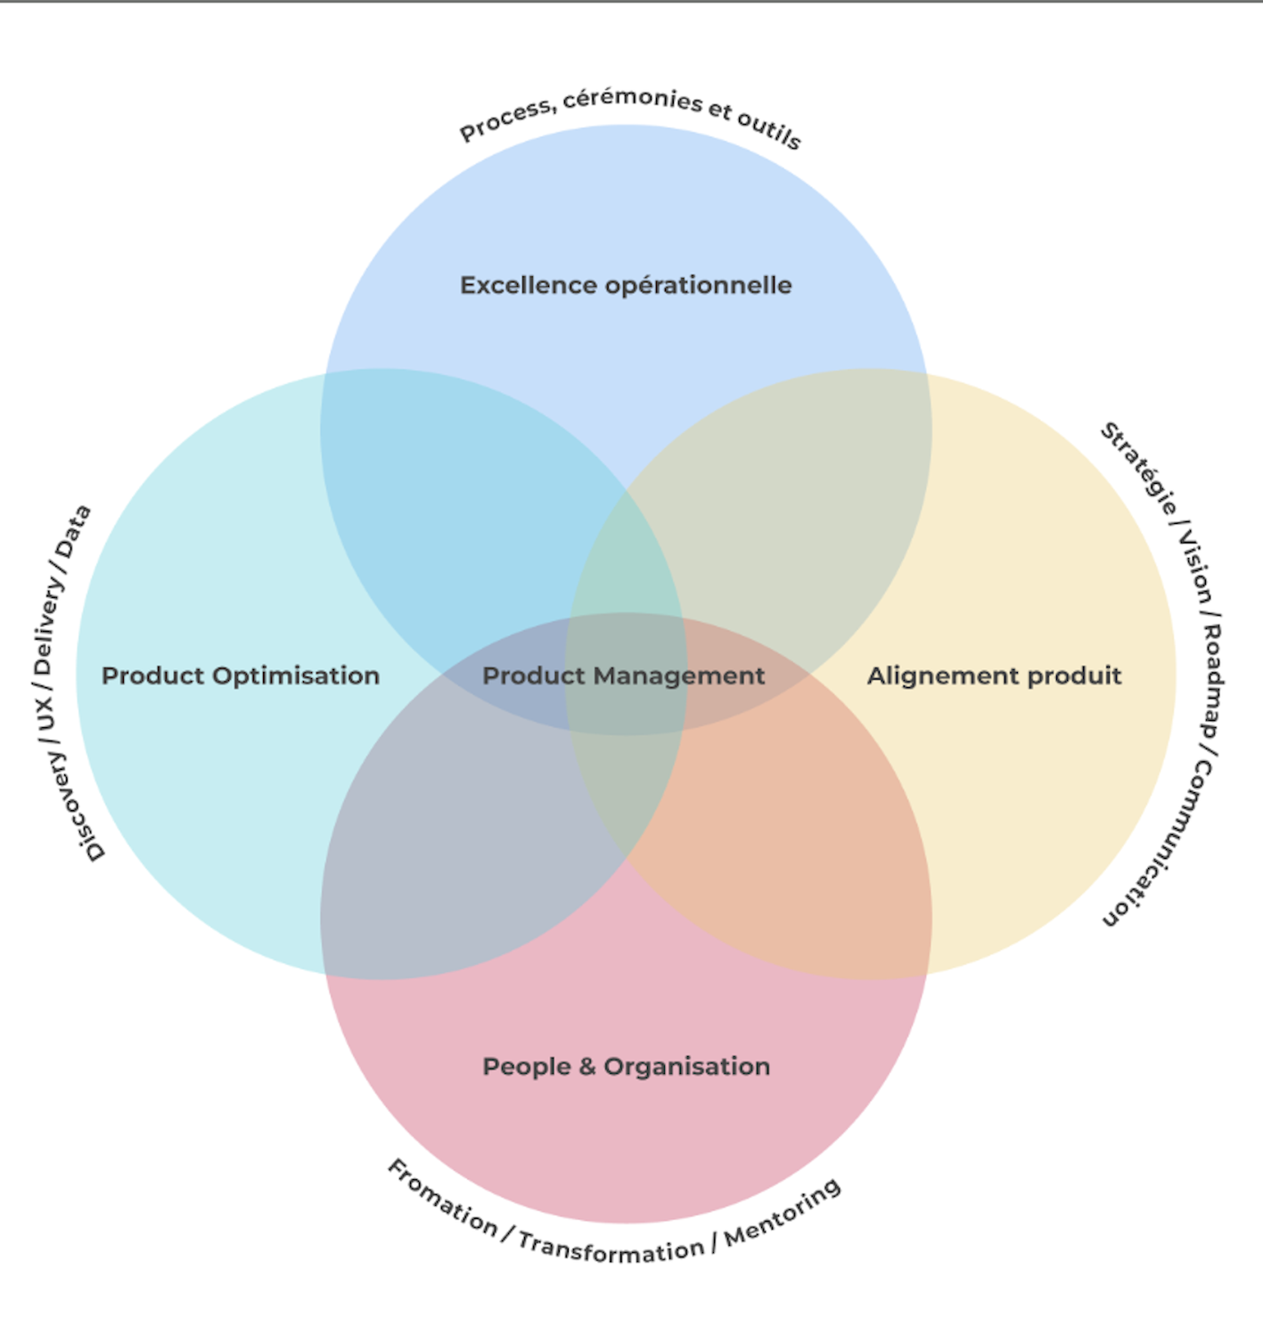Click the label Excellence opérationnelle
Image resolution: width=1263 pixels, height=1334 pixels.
(626, 285)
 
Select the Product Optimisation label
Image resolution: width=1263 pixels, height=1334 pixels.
(241, 675)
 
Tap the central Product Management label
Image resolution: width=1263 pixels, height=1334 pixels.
(624, 675)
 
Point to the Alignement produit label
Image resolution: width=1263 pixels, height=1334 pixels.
(994, 675)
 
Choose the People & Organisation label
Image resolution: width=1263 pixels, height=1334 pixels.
(626, 1066)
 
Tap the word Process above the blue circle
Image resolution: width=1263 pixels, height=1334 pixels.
(506, 121)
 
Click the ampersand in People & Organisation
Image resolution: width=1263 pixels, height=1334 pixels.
(586, 1067)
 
